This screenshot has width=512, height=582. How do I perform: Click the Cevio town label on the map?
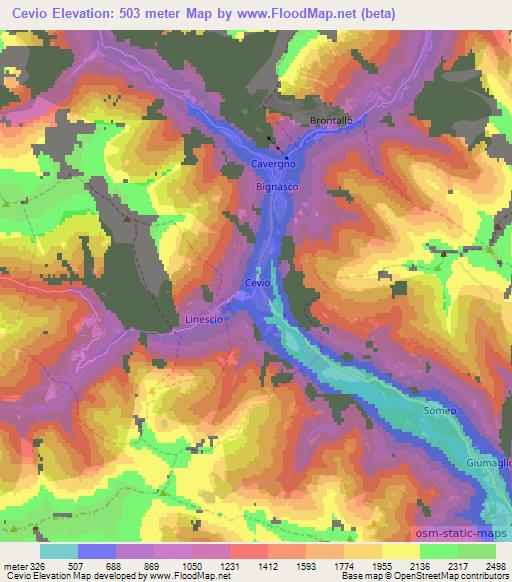(258, 283)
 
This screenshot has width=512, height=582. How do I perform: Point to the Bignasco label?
(276, 186)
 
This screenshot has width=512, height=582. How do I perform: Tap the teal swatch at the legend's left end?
(58, 551)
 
